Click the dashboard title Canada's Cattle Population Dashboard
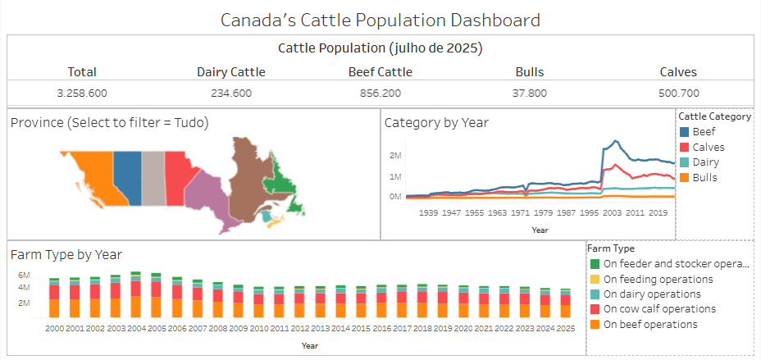tap(380, 19)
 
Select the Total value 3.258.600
tap(82, 93)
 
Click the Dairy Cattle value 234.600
tap(230, 93)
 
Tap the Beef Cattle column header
tap(380, 72)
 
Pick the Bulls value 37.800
tap(529, 93)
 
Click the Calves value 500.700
tap(678, 93)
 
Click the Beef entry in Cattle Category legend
tap(703, 131)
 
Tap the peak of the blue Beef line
tap(611, 141)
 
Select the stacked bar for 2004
tap(135, 294)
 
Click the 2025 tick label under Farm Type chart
tap(565, 328)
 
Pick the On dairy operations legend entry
tap(653, 294)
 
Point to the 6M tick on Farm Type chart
tap(25, 275)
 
